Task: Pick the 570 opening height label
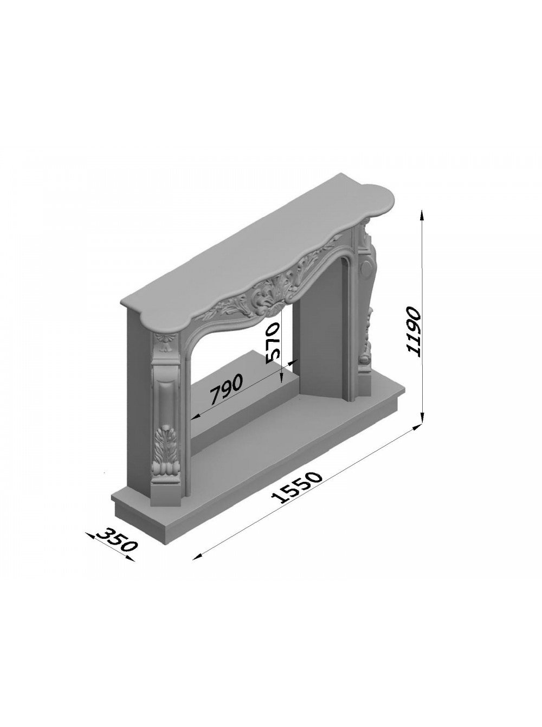pyautogui.click(x=274, y=343)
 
